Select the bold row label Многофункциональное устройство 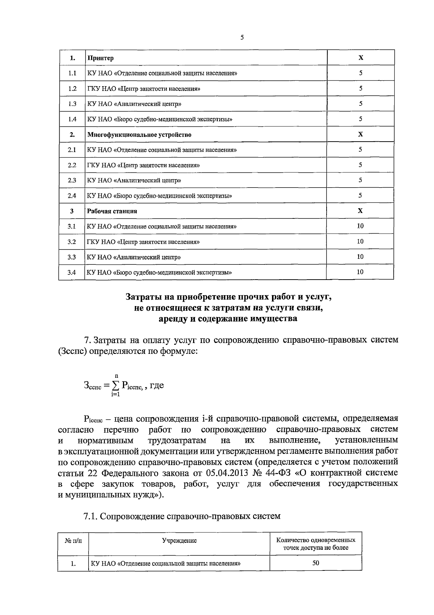[x=139, y=135]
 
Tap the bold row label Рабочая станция [x=112, y=211]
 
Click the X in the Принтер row [x=361, y=58]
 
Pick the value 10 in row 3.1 [x=360, y=226]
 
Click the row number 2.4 [x=72, y=196]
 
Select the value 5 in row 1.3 [x=361, y=104]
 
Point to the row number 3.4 [x=72, y=272]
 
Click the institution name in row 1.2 [x=144, y=89]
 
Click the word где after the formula [x=157, y=385]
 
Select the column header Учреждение [x=179, y=541]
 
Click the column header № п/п [x=73, y=541]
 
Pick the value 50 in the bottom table [x=316, y=563]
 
